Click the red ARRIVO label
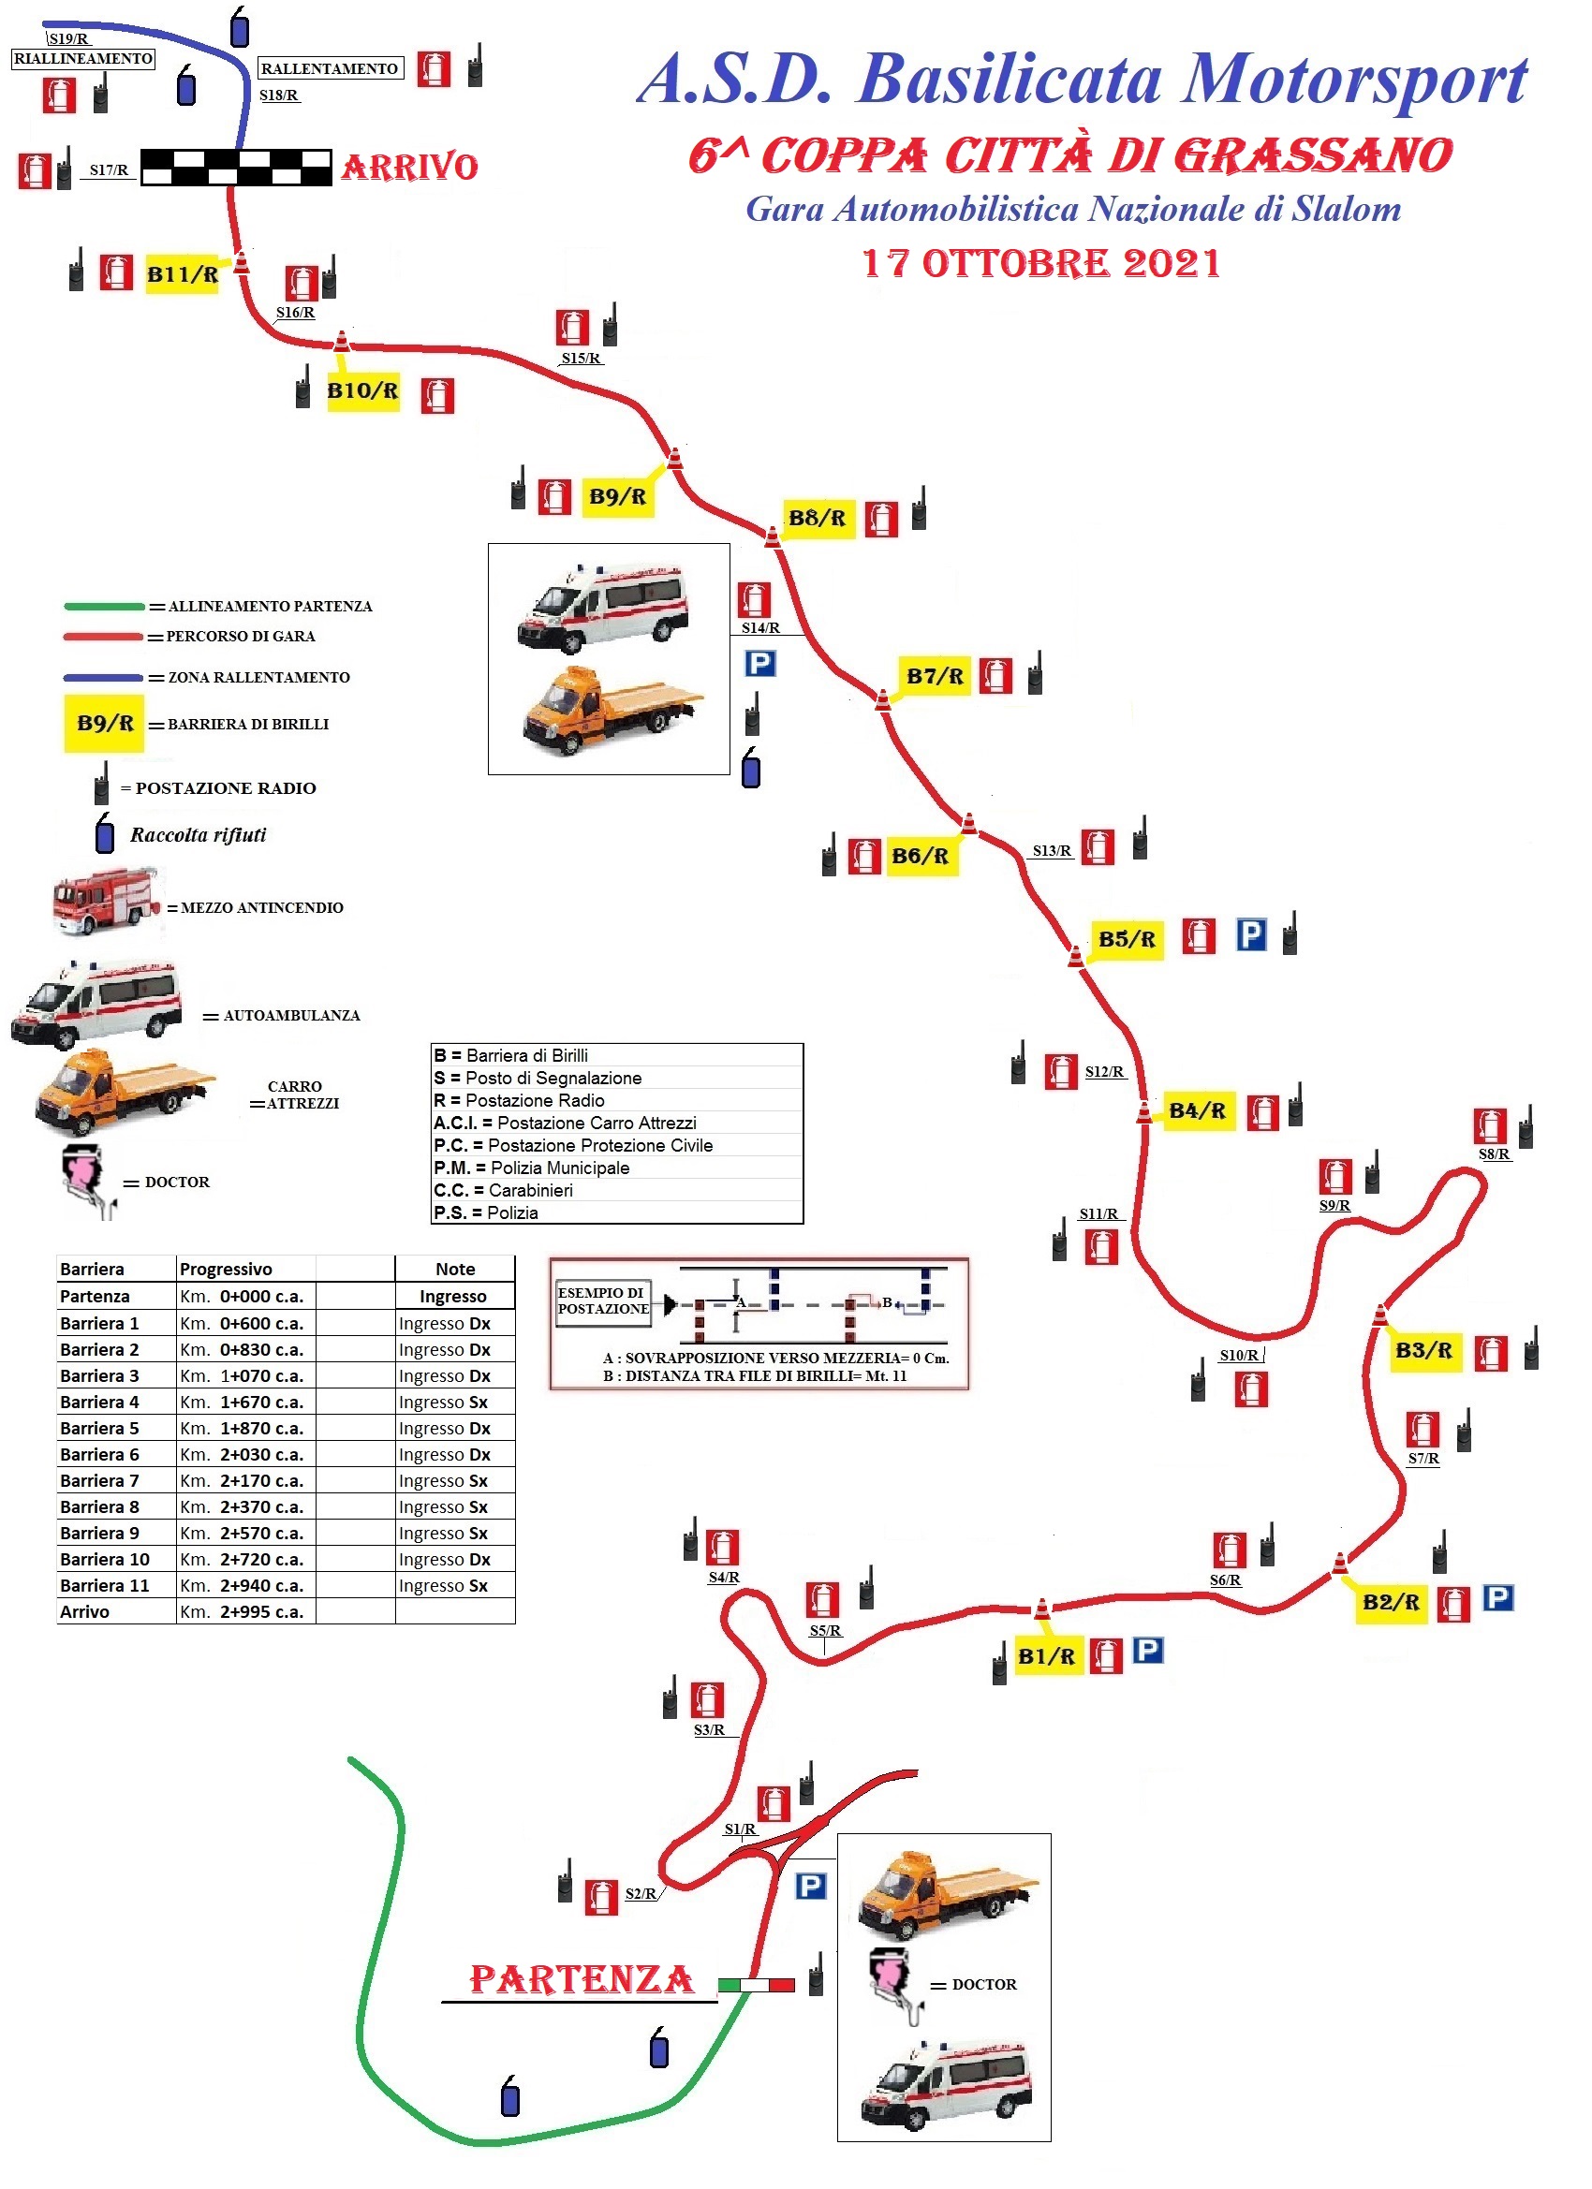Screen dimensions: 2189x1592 click(409, 167)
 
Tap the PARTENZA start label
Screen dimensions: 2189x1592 click(582, 1978)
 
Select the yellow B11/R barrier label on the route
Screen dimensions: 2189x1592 click(183, 274)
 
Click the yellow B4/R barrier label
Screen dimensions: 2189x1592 click(1197, 1111)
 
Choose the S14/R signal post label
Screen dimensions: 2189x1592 click(759, 627)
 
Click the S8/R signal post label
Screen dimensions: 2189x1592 click(1494, 1153)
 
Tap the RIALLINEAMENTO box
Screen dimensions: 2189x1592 click(83, 58)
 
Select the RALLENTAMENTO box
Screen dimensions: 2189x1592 click(330, 68)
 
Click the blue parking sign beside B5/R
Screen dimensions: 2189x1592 click(1251, 934)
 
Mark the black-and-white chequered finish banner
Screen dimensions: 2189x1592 click(237, 167)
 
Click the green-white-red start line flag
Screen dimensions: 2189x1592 click(756, 1985)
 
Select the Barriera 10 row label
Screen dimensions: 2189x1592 click(104, 1559)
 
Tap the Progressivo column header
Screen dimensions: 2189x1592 click(226, 1270)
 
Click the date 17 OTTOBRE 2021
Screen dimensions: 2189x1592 click(1040, 263)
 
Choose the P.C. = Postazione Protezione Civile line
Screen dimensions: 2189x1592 click(573, 1146)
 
